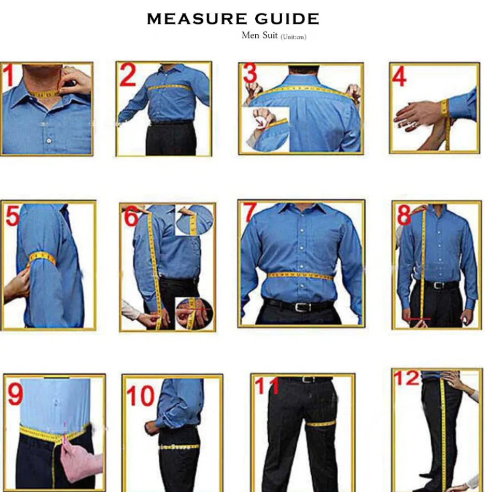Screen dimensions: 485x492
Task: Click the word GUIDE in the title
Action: pyautogui.click(x=287, y=19)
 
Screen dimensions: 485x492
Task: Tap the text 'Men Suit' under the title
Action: pyautogui.click(x=259, y=35)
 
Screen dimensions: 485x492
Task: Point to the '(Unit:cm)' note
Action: pyautogui.click(x=293, y=37)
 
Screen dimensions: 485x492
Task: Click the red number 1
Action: pyautogui.click(x=8, y=75)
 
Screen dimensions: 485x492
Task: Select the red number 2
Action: pyautogui.click(x=128, y=75)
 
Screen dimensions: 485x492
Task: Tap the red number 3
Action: pyautogui.click(x=250, y=74)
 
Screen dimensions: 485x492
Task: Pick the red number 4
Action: pyautogui.click(x=399, y=77)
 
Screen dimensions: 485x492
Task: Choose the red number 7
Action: pyautogui.click(x=251, y=213)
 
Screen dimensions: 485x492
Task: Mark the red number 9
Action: pyautogui.click(x=15, y=393)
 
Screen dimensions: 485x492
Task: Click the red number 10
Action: pyautogui.click(x=141, y=395)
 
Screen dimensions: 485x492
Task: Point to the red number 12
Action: pyautogui.click(x=407, y=378)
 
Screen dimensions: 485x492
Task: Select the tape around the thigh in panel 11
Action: pyautogui.click(x=321, y=424)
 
